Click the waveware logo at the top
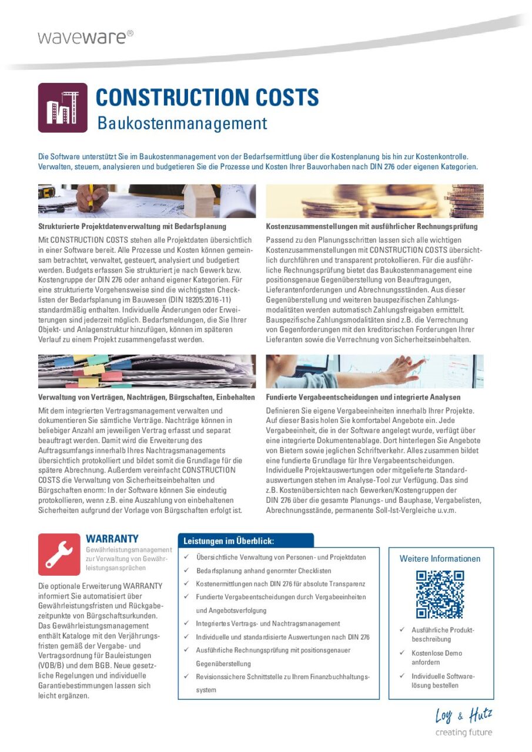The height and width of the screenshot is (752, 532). [x=85, y=37]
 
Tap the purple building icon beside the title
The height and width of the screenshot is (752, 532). [x=62, y=108]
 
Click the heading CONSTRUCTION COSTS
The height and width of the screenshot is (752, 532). [x=207, y=98]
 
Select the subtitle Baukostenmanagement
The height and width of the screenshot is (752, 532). [x=182, y=124]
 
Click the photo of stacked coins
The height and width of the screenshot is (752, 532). [x=374, y=202]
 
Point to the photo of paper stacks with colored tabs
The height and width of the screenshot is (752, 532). [x=147, y=371]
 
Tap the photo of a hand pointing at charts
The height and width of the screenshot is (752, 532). [x=374, y=371]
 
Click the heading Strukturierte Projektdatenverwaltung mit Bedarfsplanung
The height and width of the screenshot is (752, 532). [x=132, y=226]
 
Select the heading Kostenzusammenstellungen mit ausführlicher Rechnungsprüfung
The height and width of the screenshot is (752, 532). [x=372, y=226]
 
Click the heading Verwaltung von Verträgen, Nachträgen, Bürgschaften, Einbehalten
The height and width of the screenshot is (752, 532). [x=146, y=397]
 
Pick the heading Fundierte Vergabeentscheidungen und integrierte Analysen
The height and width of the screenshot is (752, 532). [x=363, y=397]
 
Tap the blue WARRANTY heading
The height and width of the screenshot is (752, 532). [x=112, y=539]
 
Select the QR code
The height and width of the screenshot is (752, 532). [x=440, y=594]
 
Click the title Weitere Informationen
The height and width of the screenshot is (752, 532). [x=440, y=559]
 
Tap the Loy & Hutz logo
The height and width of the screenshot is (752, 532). [x=464, y=722]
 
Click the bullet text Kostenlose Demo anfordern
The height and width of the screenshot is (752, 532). [x=437, y=657]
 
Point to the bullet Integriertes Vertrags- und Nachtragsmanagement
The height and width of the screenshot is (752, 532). [x=268, y=623]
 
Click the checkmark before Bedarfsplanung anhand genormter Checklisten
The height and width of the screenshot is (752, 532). [x=186, y=570]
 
